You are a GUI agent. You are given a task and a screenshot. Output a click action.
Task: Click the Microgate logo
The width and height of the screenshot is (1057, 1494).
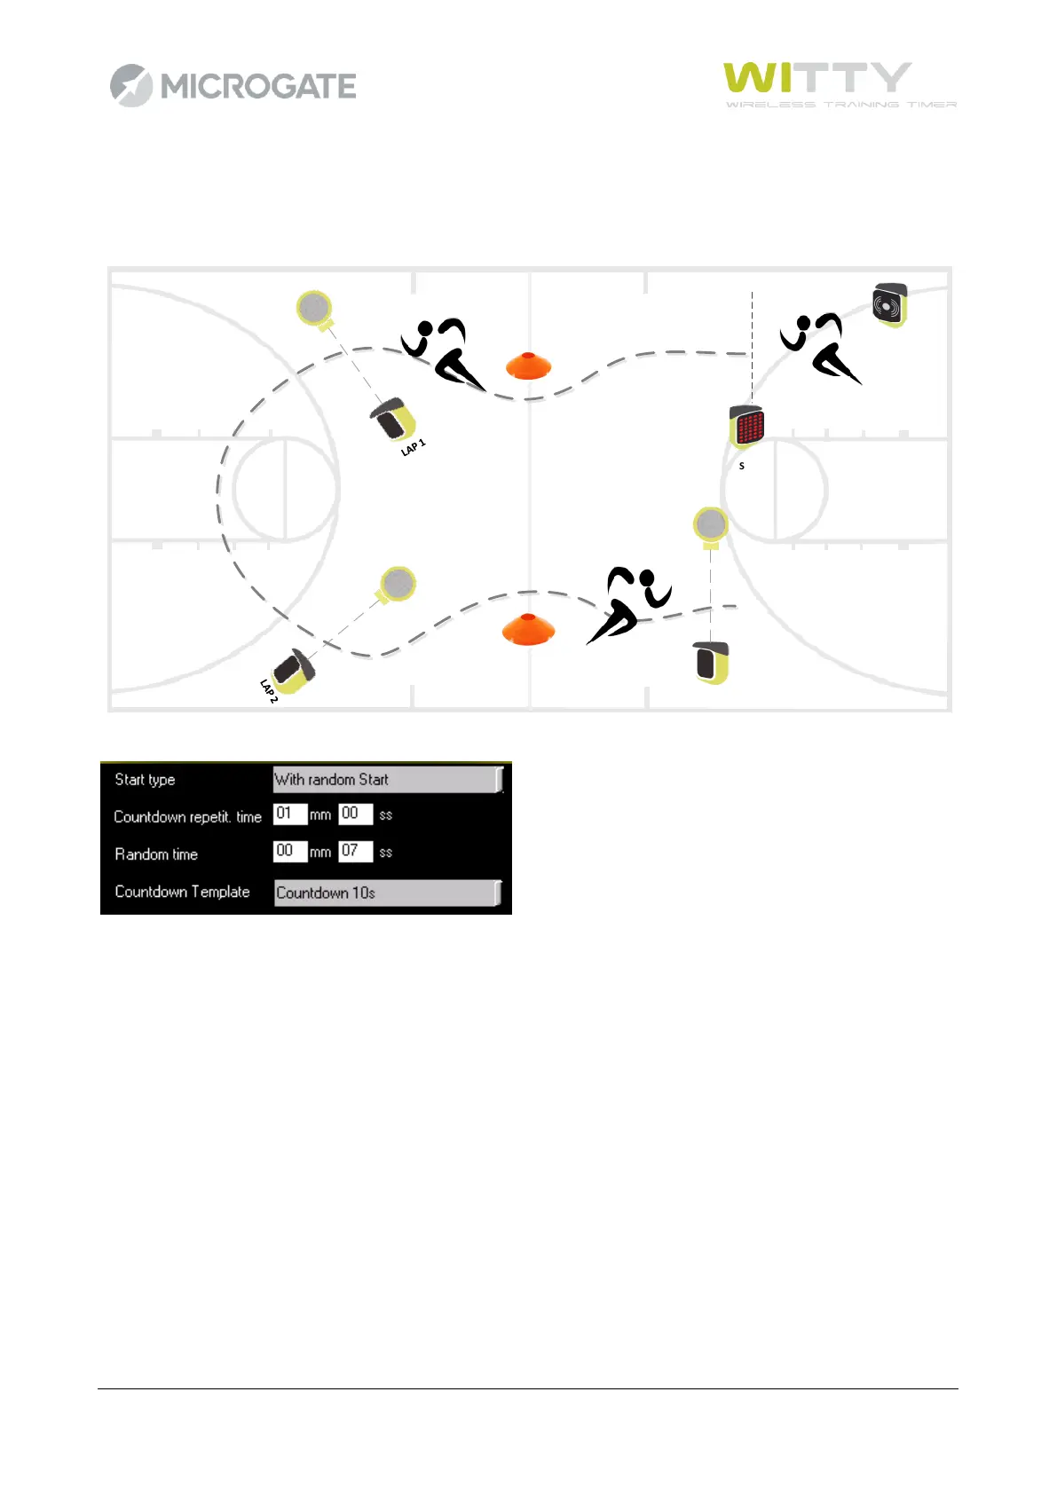[x=233, y=86]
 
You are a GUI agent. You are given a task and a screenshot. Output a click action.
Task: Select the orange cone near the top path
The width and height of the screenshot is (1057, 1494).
[x=528, y=366]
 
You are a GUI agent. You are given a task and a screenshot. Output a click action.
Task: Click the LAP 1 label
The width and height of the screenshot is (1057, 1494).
[x=414, y=447]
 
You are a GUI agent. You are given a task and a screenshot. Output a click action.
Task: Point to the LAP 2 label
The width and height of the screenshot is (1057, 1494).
[x=269, y=691]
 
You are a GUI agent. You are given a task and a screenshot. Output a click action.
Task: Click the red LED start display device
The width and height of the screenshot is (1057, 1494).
[x=746, y=427]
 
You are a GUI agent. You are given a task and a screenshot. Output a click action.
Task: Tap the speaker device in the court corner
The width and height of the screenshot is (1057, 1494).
[x=889, y=305]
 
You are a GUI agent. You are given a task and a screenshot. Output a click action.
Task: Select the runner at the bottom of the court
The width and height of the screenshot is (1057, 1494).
[x=628, y=603]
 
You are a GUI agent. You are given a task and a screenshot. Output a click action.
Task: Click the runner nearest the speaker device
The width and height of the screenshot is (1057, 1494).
[x=819, y=347]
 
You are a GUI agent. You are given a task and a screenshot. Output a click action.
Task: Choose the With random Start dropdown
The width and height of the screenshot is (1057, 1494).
[x=387, y=780]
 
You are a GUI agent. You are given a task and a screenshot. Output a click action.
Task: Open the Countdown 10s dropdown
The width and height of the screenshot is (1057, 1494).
[x=387, y=892]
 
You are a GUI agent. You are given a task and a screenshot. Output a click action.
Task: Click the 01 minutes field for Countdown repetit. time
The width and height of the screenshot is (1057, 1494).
[x=289, y=814]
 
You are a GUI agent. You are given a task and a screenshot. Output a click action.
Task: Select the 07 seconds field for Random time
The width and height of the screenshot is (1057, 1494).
[x=355, y=851]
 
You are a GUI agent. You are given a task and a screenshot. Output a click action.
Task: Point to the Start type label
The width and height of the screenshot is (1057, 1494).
[x=145, y=780]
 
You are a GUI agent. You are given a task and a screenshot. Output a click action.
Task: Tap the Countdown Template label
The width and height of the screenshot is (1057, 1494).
[x=182, y=892]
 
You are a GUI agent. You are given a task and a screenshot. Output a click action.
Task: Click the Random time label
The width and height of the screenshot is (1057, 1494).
[x=156, y=854]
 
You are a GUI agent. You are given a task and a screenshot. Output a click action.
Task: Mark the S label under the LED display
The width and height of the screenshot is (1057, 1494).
[x=742, y=466]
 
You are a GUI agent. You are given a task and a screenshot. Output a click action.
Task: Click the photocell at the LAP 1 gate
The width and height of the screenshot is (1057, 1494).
[x=392, y=419]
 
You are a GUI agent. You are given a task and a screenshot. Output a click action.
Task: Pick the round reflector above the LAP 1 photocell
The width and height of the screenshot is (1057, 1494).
[x=313, y=308]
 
